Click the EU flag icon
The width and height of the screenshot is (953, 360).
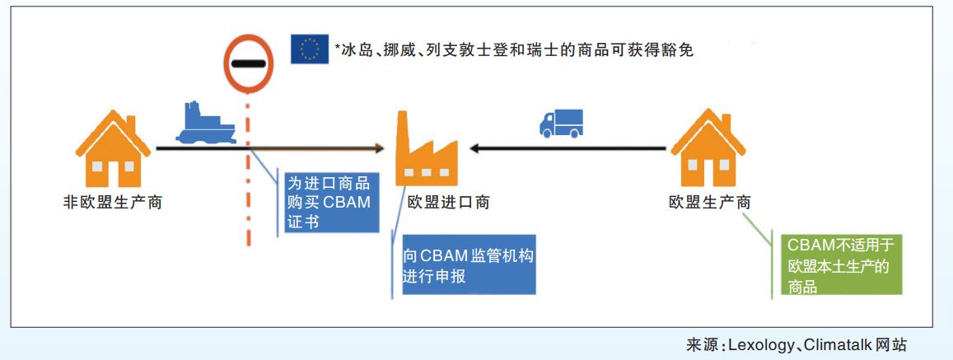pyautogui.click(x=310, y=49)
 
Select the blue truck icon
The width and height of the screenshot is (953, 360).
pyautogui.click(x=561, y=123)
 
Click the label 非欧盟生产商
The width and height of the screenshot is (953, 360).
pyautogui.click(x=113, y=203)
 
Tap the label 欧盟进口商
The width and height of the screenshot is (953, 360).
pyautogui.click(x=448, y=203)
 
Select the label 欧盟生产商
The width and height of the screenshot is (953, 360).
pyautogui.click(x=709, y=203)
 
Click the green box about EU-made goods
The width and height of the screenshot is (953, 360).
pyautogui.click(x=839, y=264)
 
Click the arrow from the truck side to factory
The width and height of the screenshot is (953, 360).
pyautogui.click(x=568, y=149)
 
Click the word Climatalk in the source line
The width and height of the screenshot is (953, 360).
pyautogui.click(x=841, y=344)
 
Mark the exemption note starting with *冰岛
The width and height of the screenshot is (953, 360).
pyautogui.click(x=514, y=50)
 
